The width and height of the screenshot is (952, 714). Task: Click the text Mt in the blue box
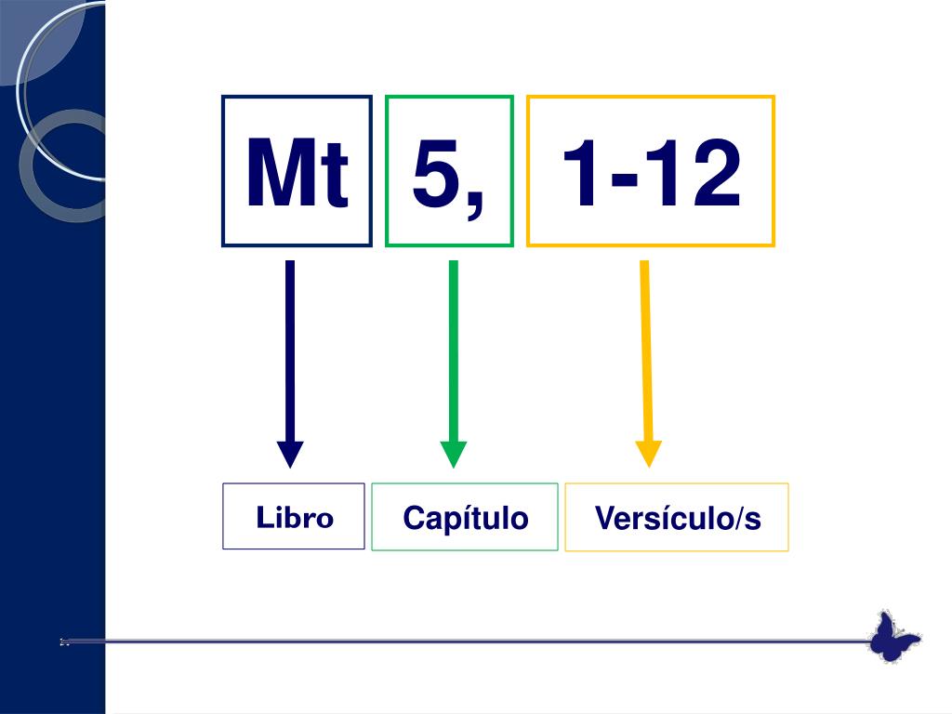coord(297,174)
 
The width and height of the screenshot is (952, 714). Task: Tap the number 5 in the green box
coord(437,172)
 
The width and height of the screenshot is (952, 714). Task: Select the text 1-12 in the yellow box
coord(651,174)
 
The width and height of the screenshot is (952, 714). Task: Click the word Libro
coord(295,518)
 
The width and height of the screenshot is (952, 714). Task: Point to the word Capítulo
coord(465,518)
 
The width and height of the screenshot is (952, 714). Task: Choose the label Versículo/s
coord(677,519)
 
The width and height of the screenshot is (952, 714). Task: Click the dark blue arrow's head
coord(290,454)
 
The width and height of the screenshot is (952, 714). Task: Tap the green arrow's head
coord(453,454)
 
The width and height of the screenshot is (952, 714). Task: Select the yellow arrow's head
coord(648,453)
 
